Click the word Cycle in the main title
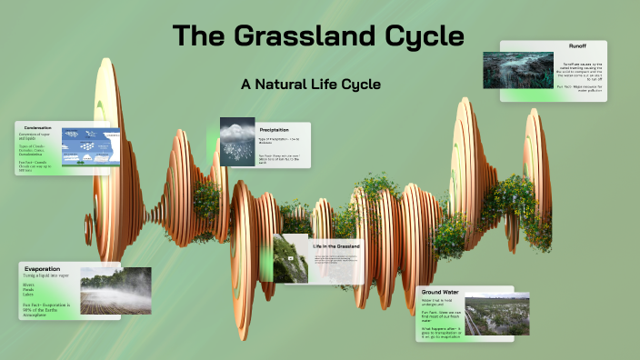click(x=425, y=36)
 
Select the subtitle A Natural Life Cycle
click(x=310, y=84)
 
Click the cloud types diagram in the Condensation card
click(x=89, y=147)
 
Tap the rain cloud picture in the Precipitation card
click(x=237, y=143)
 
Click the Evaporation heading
click(x=43, y=268)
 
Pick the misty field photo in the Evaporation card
click(x=115, y=290)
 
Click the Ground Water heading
click(x=440, y=292)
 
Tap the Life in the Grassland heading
click(x=336, y=246)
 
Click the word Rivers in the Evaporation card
click(x=30, y=284)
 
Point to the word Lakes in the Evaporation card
click(x=29, y=295)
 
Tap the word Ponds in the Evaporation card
click(x=30, y=289)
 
